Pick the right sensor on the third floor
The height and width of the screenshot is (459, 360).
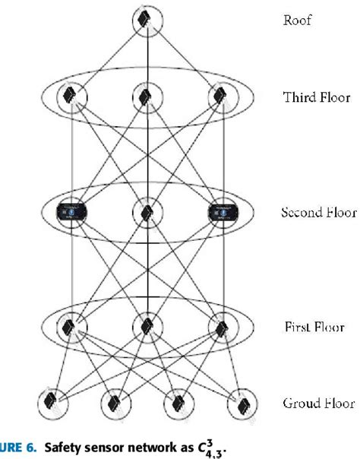tap(221, 96)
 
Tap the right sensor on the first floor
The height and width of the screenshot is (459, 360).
tap(221, 328)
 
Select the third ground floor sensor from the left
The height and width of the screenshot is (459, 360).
tap(177, 402)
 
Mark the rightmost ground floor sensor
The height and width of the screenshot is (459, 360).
tap(240, 402)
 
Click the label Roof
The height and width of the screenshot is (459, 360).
tap(298, 21)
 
